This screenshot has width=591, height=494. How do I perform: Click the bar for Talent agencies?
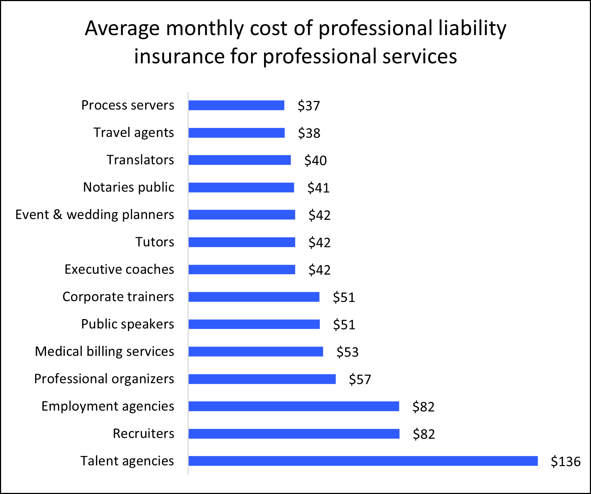click(363, 461)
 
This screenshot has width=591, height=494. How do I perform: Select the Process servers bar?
click(236, 105)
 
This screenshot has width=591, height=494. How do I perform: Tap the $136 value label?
click(565, 461)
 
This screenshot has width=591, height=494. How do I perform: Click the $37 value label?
click(309, 106)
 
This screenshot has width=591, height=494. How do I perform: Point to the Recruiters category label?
click(143, 434)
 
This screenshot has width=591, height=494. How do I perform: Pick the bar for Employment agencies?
click(294, 406)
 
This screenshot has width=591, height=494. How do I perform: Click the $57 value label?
click(360, 380)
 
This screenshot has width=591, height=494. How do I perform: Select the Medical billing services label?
click(104, 352)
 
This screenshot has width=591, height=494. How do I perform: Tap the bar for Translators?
click(239, 160)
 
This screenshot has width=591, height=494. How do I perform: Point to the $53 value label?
click(347, 352)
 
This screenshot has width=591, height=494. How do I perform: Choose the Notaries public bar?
click(241, 188)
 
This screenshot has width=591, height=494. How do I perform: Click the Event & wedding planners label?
click(95, 215)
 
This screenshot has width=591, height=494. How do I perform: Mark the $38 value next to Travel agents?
click(309, 133)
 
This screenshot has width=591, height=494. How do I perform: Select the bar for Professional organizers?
click(262, 379)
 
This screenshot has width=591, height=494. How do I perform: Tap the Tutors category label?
click(155, 242)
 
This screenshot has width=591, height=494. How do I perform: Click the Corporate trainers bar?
click(254, 297)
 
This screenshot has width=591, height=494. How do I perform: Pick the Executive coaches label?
click(119, 269)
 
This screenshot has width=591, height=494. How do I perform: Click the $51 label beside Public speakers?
click(344, 325)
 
